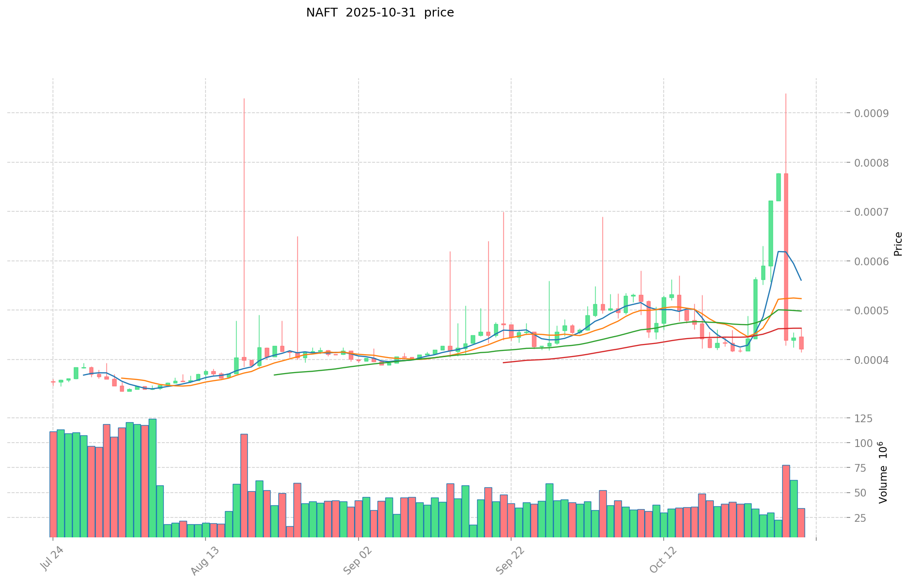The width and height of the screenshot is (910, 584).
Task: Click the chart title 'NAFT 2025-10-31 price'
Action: (x=379, y=13)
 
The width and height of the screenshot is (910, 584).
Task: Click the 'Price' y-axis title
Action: (x=898, y=244)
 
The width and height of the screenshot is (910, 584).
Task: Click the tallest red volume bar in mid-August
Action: (x=244, y=485)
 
